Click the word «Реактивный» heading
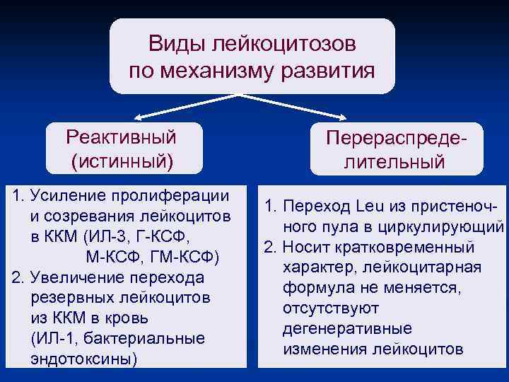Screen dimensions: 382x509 pos(121,135)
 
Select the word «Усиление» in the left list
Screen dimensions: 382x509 pos(67,195)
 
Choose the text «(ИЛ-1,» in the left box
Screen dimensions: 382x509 pos(58,338)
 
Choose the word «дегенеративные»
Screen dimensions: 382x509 pos(347,329)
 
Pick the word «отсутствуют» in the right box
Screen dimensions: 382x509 pos(331,308)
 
